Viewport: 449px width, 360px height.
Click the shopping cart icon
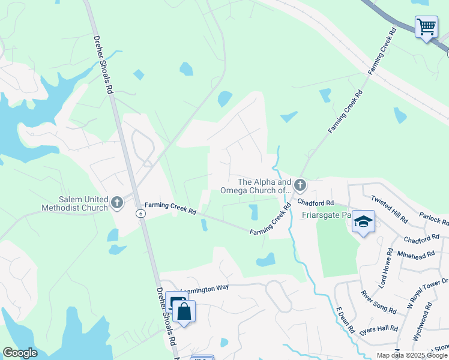point(426,27)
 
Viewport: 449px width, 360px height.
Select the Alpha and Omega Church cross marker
point(300,185)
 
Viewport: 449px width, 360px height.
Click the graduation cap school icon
point(363,221)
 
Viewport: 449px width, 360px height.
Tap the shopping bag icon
point(184,312)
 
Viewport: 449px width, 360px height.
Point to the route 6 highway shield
point(140,214)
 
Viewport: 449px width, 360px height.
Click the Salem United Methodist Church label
point(75,203)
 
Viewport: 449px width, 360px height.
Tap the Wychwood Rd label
point(427,316)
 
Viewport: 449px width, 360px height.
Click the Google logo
point(20,353)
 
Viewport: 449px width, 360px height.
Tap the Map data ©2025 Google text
point(411,355)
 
